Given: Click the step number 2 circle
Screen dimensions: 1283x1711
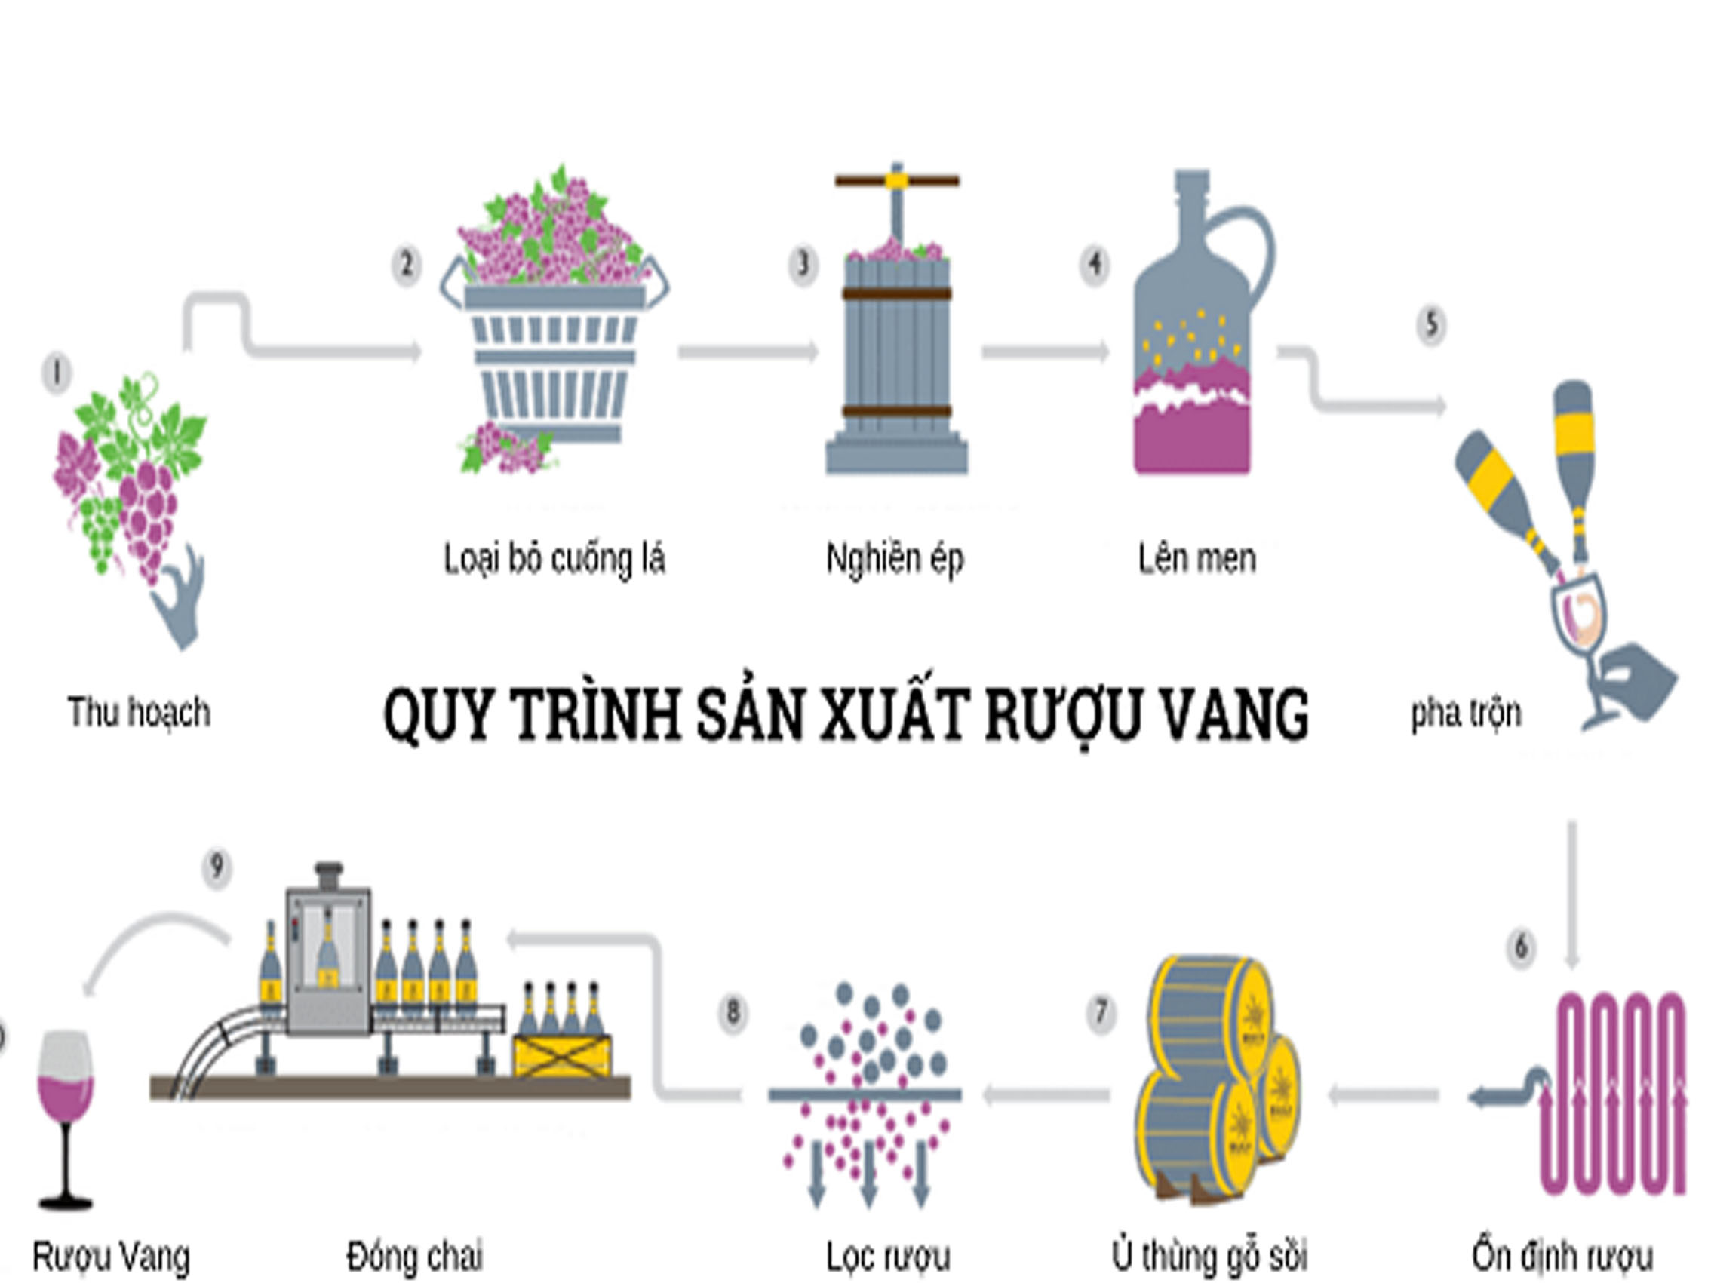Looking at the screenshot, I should tap(407, 266).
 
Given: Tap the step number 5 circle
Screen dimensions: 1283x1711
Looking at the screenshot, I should tap(1431, 324).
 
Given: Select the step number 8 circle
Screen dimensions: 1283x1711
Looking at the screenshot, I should tap(732, 1012).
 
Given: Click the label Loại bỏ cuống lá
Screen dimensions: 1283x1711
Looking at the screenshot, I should tap(554, 558).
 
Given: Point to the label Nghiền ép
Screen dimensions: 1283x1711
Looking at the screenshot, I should tap(894, 558).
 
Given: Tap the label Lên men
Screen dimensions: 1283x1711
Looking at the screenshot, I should tap(1196, 558).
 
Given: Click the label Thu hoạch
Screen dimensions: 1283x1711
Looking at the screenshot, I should tap(140, 711).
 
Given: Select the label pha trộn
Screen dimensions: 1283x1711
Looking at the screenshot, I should tap(1466, 713).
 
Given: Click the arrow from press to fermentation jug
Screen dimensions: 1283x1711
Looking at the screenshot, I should tap(1044, 352).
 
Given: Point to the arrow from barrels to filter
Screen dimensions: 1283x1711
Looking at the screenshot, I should tap(1046, 1095).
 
